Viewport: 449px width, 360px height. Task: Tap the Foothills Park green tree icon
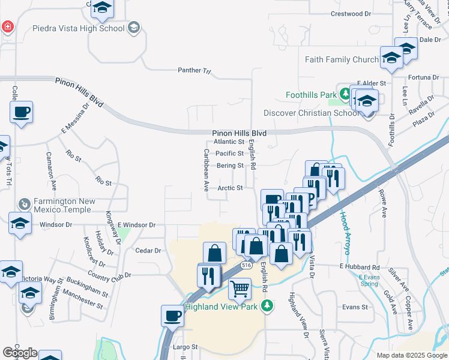[x=345, y=94]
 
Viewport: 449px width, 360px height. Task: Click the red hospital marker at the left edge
[x=7, y=27]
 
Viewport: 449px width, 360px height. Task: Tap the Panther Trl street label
[x=194, y=71]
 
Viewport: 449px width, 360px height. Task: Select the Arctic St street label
[x=231, y=188]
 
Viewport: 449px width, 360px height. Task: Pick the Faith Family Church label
[x=342, y=59]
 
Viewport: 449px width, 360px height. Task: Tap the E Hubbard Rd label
[x=360, y=266]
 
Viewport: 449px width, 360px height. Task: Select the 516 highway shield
[x=246, y=265]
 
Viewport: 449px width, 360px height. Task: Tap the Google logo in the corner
[x=20, y=353]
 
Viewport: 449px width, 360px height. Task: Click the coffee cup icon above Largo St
[x=172, y=316]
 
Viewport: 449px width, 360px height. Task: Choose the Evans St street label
[x=355, y=307]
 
